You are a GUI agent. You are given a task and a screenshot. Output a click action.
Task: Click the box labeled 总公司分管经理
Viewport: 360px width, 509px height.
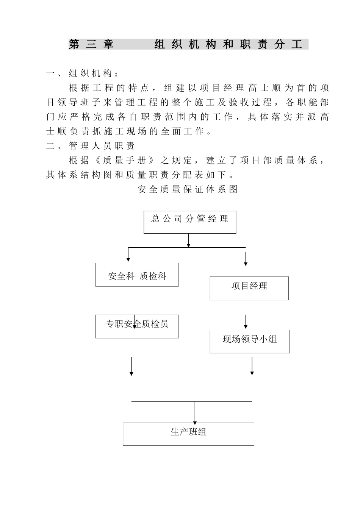pos(190,222)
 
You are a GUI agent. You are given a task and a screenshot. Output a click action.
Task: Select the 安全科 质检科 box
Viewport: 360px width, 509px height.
pos(137,275)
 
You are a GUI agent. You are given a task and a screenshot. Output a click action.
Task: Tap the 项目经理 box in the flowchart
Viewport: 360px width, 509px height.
pos(249,288)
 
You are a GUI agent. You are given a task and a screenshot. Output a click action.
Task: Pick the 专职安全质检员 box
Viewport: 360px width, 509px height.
pos(137,326)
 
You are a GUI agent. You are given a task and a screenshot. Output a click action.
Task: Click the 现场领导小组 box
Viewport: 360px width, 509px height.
pos(250,341)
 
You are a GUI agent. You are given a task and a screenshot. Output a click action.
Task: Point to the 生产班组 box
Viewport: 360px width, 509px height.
pos(188,434)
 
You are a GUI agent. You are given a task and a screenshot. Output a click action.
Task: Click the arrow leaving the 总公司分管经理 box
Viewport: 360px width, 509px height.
pos(189,240)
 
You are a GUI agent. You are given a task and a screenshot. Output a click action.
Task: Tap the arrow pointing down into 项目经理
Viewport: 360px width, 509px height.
pos(246,259)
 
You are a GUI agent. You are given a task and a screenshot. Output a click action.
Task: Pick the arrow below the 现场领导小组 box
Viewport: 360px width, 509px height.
pos(252,366)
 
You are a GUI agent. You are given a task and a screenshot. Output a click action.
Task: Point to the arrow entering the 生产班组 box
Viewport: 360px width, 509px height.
pos(195,413)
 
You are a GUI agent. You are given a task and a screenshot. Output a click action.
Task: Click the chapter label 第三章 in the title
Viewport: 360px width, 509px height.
pos(91,45)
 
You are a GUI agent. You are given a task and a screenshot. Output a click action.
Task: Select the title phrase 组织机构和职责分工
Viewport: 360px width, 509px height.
pos(229,45)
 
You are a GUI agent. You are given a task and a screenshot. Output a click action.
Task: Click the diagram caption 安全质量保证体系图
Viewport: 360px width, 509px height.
pos(188,189)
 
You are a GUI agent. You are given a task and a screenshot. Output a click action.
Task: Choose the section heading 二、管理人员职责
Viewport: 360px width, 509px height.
pos(90,146)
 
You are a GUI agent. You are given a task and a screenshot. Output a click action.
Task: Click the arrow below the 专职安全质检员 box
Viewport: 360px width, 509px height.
pos(131,366)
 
